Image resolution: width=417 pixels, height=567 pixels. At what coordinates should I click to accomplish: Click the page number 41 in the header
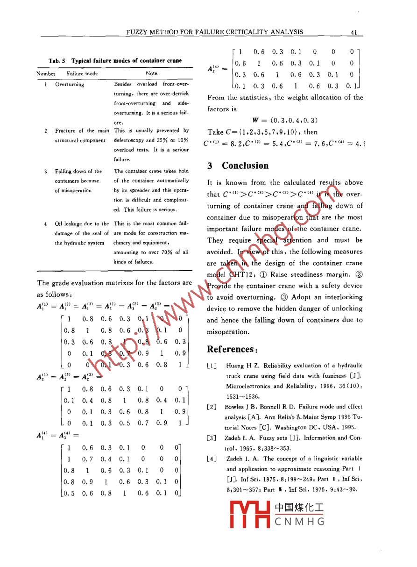point(353,32)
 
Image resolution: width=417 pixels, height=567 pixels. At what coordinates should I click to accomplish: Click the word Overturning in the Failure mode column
point(70,85)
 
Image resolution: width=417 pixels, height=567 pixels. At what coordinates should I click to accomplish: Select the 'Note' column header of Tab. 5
point(151,73)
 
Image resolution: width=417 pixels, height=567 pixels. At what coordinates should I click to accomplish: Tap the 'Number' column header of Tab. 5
point(46,73)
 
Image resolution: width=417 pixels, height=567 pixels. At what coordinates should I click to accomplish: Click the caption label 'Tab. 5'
point(58,61)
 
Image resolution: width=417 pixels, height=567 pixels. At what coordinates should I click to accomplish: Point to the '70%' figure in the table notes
point(165,252)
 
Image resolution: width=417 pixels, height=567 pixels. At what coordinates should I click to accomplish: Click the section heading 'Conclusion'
point(245,165)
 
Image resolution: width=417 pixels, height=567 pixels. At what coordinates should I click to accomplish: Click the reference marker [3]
point(212,438)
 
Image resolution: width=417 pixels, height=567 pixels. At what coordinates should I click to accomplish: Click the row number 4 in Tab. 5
point(45,223)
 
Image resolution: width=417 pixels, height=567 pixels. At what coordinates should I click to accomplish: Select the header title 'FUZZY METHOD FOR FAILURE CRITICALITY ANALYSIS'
point(215,32)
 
